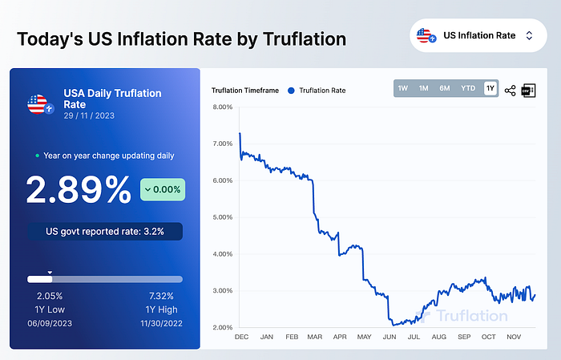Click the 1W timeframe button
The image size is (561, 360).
(x=403, y=88)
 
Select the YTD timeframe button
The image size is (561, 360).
(x=468, y=88)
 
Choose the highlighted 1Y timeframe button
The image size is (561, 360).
(x=490, y=88)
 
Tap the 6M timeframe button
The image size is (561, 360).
(x=445, y=88)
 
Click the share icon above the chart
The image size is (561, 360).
(x=511, y=91)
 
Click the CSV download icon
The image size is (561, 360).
(x=528, y=91)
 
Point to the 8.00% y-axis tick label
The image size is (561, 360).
(x=223, y=107)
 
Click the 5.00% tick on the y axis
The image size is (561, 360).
(x=223, y=217)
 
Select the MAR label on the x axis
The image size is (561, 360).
(x=315, y=337)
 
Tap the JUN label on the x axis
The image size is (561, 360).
(x=389, y=337)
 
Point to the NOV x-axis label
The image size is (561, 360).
(x=514, y=337)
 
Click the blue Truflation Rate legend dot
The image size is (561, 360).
(x=291, y=91)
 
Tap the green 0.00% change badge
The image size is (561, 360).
(x=163, y=189)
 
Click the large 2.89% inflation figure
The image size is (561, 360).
(x=79, y=190)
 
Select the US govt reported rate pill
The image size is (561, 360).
(x=105, y=232)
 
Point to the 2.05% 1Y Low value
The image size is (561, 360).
(x=50, y=296)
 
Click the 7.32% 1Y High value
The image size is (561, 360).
(x=161, y=296)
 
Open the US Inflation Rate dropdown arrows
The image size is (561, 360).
(x=529, y=35)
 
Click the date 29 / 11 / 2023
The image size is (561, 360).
(x=89, y=115)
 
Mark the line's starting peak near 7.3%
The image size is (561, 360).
(x=240, y=133)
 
